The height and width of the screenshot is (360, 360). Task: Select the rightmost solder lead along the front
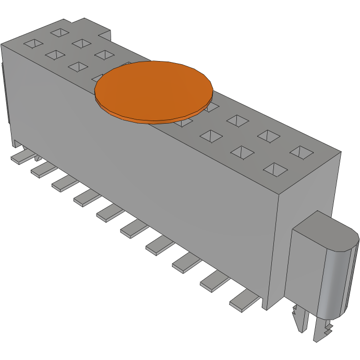coord(244,301)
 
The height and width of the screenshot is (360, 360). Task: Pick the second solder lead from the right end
coord(214,282)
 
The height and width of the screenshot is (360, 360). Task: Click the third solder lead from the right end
coord(186,262)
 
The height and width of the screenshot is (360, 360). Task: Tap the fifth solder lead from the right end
coord(135,227)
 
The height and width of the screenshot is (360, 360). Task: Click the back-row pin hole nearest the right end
coord(300,152)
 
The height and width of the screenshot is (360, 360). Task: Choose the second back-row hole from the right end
coord(269,136)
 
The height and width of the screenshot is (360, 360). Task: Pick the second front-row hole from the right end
coord(242,152)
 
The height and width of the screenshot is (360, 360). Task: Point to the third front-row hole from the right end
coord(211,137)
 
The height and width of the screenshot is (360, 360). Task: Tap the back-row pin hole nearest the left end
coord(60,32)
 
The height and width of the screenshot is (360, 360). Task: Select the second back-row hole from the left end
coord(82,43)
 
